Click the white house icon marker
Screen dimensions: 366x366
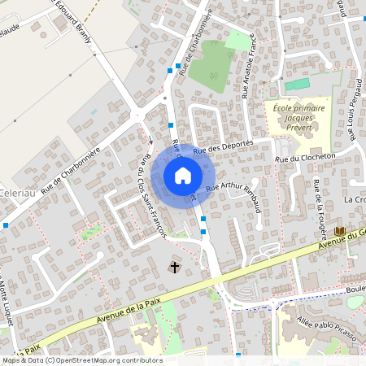(x=183, y=175)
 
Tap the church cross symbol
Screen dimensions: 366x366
(x=173, y=267)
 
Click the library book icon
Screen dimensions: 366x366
(x=339, y=233)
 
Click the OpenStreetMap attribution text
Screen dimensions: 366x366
(x=81, y=360)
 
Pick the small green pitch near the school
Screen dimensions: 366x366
(x=298, y=84)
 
